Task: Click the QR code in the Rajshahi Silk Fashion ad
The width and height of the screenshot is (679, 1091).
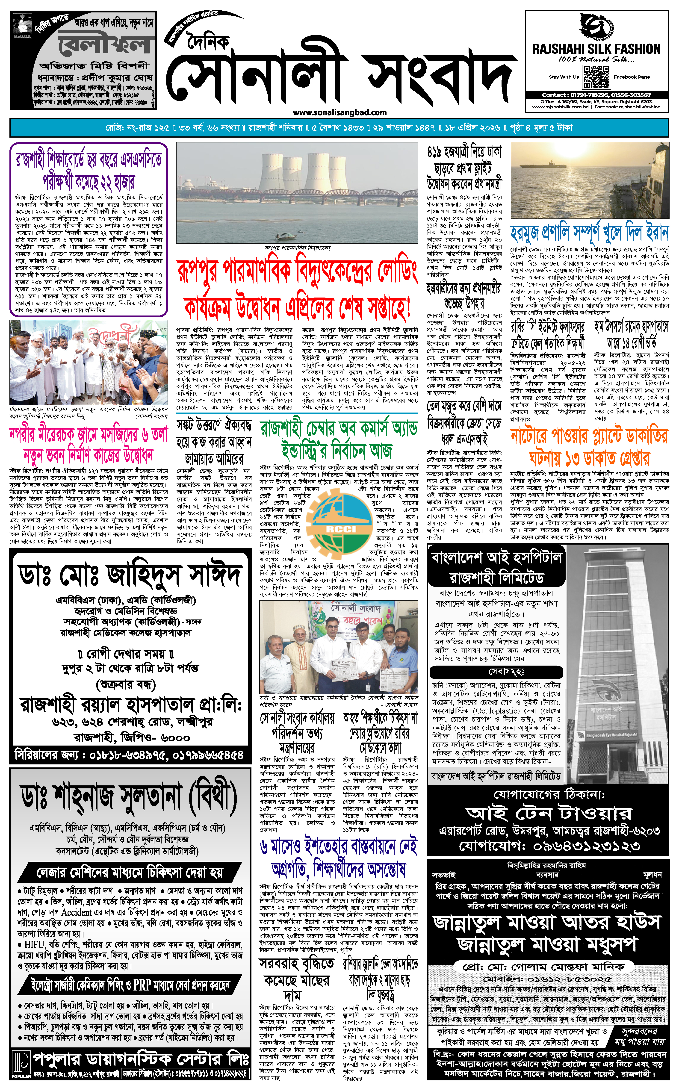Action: (x=596, y=77)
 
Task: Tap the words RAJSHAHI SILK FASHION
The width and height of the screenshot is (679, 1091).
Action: (x=596, y=48)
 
